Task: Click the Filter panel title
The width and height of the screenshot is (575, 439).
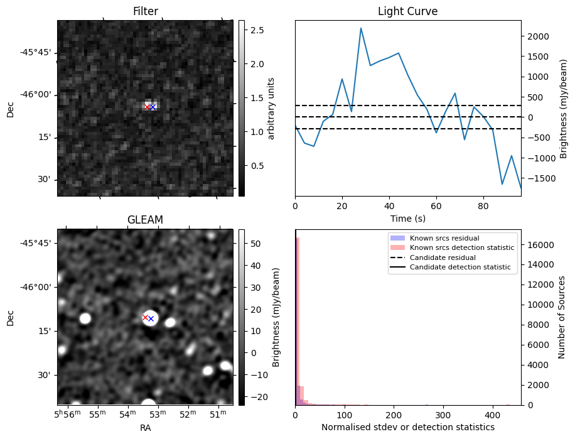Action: pos(145,11)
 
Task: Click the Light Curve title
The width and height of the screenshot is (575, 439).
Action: pos(407,11)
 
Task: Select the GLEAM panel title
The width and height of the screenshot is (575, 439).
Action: pos(145,220)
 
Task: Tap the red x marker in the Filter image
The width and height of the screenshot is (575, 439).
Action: pos(147,107)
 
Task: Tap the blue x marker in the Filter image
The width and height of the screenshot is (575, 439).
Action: pos(153,107)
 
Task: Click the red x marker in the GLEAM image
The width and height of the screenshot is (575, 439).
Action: pos(145,317)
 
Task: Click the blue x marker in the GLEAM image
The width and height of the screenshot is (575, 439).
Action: pos(151,318)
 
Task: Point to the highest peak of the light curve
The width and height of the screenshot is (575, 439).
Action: pos(361,28)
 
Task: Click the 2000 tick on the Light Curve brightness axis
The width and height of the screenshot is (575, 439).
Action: pos(538,36)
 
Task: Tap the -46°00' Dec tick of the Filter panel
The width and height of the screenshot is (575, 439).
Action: pos(36,95)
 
